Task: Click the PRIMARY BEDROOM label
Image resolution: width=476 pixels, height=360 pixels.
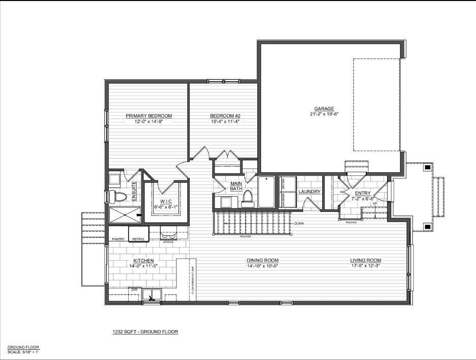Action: coord(148,116)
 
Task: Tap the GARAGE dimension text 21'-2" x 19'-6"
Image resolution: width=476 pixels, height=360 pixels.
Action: coord(324,114)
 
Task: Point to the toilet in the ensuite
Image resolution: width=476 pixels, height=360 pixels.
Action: coord(116,197)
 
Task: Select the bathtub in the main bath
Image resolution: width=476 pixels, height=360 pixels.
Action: coord(266,192)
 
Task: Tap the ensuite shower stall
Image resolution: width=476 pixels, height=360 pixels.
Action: coord(123,215)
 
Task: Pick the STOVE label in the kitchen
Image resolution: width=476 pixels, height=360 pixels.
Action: coord(168,242)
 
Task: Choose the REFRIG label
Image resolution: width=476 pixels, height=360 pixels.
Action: coord(138,239)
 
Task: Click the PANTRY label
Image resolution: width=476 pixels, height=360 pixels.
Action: coord(118,239)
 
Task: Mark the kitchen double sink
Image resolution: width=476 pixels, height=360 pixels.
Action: coord(152,294)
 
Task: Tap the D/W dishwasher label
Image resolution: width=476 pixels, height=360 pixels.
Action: coord(134,289)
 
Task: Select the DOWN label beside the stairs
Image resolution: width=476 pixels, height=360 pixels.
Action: coord(299,223)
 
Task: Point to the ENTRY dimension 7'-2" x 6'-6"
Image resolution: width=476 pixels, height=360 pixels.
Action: coord(363,198)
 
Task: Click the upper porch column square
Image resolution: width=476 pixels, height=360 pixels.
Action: coord(428,167)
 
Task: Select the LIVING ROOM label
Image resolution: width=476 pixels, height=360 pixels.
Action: coord(366,260)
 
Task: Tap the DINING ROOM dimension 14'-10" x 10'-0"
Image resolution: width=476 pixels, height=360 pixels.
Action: coord(262,266)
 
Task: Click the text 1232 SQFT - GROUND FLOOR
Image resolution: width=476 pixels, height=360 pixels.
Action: coord(145,332)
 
